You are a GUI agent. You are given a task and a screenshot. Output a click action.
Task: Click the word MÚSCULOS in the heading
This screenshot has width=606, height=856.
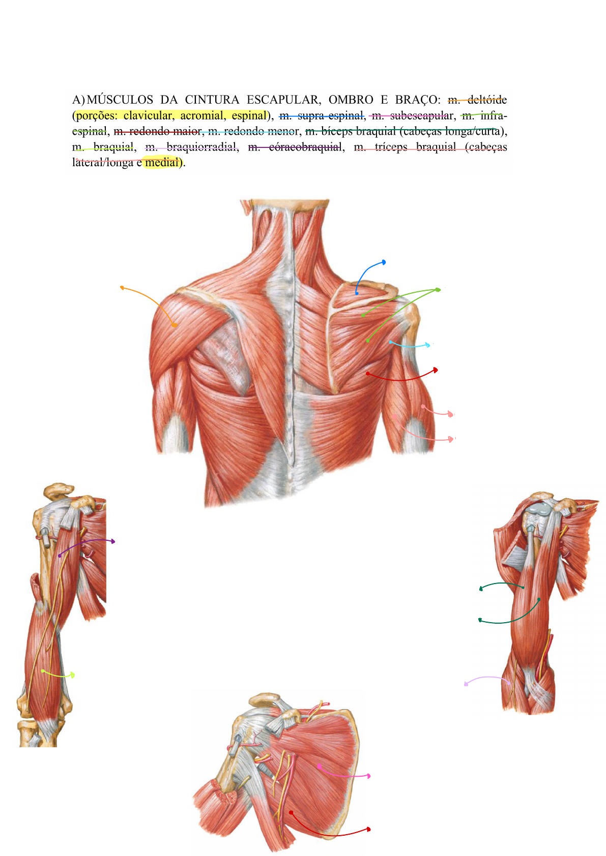[x=120, y=99]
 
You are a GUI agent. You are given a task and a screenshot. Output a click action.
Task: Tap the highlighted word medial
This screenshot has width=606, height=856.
[x=162, y=163]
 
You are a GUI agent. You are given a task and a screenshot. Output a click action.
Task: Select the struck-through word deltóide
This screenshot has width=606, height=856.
[x=487, y=99]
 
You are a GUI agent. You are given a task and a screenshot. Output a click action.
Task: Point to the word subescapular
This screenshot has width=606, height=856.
[x=421, y=115]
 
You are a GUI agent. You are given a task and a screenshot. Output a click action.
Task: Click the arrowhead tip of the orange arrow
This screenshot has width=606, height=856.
[x=122, y=288]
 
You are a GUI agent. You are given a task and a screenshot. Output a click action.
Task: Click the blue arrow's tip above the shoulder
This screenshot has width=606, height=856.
[x=384, y=262]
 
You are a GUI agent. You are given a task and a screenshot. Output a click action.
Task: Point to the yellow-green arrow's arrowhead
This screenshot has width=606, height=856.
[x=73, y=675]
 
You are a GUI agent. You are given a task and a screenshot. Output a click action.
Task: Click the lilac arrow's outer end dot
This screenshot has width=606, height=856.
[x=466, y=684]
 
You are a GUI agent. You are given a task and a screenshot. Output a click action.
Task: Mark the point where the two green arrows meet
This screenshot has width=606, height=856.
[x=438, y=290]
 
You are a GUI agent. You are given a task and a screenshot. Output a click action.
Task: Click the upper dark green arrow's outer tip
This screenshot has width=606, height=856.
[x=481, y=589]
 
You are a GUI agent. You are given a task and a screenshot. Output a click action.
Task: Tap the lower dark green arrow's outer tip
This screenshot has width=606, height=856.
[x=480, y=620]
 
